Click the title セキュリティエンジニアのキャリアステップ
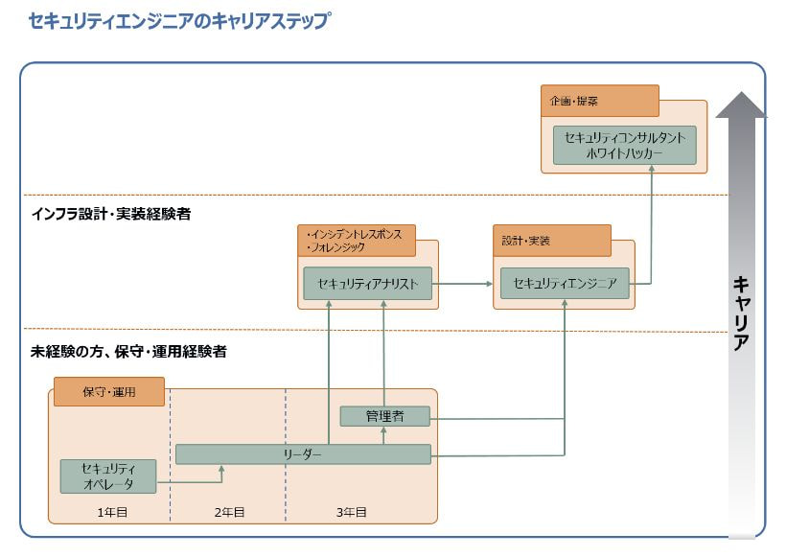click(179, 21)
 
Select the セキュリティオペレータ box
click(107, 476)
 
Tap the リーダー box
click(303, 454)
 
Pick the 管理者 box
click(384, 416)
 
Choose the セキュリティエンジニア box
click(565, 283)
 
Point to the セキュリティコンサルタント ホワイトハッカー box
click(624, 145)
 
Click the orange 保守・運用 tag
click(108, 392)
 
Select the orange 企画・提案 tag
click(599, 101)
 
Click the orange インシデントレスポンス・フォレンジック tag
click(357, 241)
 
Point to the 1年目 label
click(112, 513)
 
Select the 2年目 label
click(229, 513)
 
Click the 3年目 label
click(352, 513)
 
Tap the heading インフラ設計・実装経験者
click(111, 215)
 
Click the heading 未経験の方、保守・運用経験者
click(128, 352)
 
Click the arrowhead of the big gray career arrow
click(741, 104)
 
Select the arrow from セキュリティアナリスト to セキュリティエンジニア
click(465, 283)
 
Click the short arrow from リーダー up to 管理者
click(383, 435)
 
